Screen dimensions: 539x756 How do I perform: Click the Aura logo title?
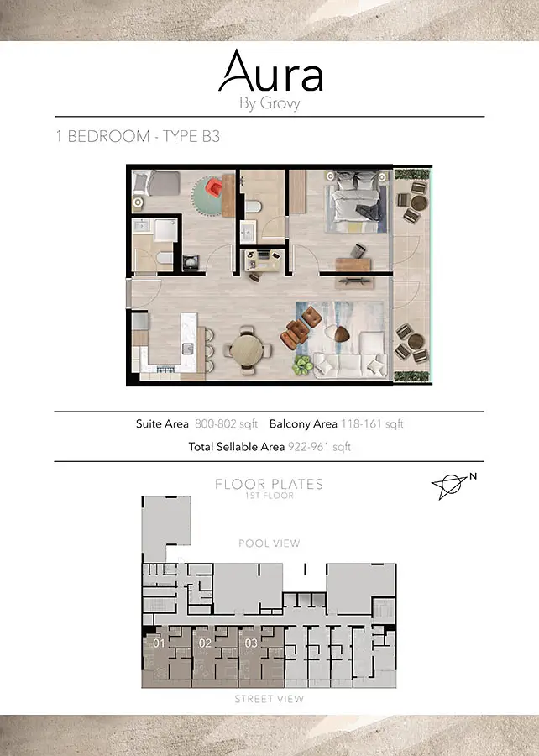(x=270, y=71)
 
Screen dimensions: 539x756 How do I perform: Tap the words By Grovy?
(x=269, y=103)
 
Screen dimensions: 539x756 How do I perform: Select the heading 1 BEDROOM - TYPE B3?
(x=138, y=136)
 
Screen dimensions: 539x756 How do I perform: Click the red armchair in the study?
(x=214, y=187)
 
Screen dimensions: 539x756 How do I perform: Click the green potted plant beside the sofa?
(x=302, y=365)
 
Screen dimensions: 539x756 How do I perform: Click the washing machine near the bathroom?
(x=191, y=263)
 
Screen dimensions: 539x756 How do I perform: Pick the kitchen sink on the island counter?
(x=188, y=348)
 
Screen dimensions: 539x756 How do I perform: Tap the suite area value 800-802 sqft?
(x=227, y=424)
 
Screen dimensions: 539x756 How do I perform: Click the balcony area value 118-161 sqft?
(x=372, y=424)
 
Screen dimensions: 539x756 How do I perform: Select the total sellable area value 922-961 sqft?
(x=319, y=447)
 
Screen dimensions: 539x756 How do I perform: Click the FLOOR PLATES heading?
(x=269, y=484)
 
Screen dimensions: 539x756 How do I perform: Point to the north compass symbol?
(x=453, y=486)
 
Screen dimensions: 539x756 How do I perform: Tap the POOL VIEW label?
(x=269, y=543)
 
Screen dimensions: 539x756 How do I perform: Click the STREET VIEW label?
(x=269, y=699)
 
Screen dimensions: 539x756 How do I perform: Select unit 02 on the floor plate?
(x=205, y=643)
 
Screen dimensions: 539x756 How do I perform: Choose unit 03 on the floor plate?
(x=251, y=643)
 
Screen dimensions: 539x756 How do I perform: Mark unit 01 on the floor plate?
(x=159, y=643)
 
